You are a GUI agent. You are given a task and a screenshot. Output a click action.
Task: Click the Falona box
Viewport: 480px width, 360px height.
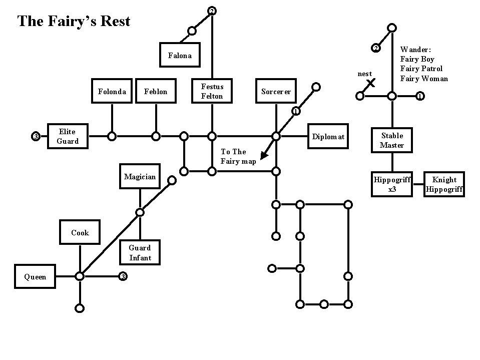[x=180, y=55]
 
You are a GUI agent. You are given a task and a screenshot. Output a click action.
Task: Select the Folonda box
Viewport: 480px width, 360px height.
[x=112, y=91]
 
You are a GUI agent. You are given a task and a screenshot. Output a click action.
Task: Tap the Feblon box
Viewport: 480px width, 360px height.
[x=156, y=91]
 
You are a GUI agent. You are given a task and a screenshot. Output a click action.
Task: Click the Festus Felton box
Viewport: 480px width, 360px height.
[x=212, y=91]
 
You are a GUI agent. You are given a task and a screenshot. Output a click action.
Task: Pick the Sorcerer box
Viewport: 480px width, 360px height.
[x=276, y=91]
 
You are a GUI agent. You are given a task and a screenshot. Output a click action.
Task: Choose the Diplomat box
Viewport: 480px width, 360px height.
[x=328, y=136]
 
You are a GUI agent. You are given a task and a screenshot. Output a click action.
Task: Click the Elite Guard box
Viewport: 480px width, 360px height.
[x=68, y=136]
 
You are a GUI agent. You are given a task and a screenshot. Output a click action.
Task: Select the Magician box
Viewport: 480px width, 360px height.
[x=140, y=176]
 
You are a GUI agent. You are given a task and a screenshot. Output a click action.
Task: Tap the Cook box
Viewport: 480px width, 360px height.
[x=80, y=232]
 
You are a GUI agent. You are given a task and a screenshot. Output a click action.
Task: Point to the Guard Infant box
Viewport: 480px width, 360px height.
[x=140, y=252]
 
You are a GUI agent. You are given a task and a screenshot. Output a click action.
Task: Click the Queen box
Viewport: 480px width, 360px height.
[x=35, y=276]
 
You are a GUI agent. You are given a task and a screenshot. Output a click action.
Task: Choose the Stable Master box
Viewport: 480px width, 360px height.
[x=392, y=140]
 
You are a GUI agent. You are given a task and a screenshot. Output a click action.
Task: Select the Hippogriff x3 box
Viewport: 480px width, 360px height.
[x=392, y=184]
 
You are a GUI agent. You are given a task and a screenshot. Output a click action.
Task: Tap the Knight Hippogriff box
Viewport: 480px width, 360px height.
[x=444, y=184]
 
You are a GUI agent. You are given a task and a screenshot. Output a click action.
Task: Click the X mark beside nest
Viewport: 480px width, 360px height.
[x=371, y=83]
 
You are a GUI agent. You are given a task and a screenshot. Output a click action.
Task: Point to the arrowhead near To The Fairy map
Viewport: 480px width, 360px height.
[x=264, y=156]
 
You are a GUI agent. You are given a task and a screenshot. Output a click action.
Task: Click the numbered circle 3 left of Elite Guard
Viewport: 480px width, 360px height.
[x=36, y=136]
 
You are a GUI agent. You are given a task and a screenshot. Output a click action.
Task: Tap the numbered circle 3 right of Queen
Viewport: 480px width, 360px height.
[x=123, y=276]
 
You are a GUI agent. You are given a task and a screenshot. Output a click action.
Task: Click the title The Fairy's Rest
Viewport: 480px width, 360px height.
[x=74, y=21]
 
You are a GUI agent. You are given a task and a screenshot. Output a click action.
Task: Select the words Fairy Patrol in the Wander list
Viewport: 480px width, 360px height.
[x=421, y=69]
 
